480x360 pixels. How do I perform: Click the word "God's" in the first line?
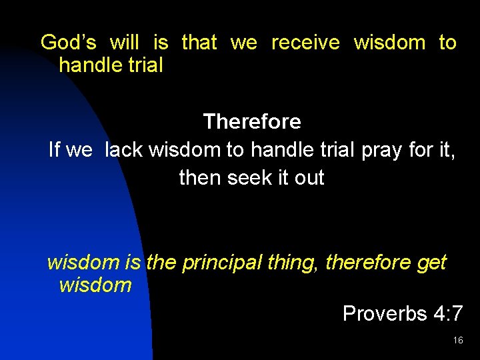coord(69,43)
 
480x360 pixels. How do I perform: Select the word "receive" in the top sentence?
coord(305,43)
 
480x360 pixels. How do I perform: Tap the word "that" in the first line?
coord(199,43)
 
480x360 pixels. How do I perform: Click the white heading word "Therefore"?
coord(252,122)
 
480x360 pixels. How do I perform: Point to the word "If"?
coord(55,150)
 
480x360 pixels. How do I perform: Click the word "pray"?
coord(382,150)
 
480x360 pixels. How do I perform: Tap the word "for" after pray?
coord(421,150)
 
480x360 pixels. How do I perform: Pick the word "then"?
coord(200,178)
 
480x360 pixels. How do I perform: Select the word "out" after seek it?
coord(309,178)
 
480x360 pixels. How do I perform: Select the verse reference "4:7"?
coord(446,313)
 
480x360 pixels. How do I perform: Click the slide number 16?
coord(457,341)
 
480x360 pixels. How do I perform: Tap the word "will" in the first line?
coord(124,43)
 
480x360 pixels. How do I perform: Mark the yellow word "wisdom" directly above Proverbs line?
coord(95,285)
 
